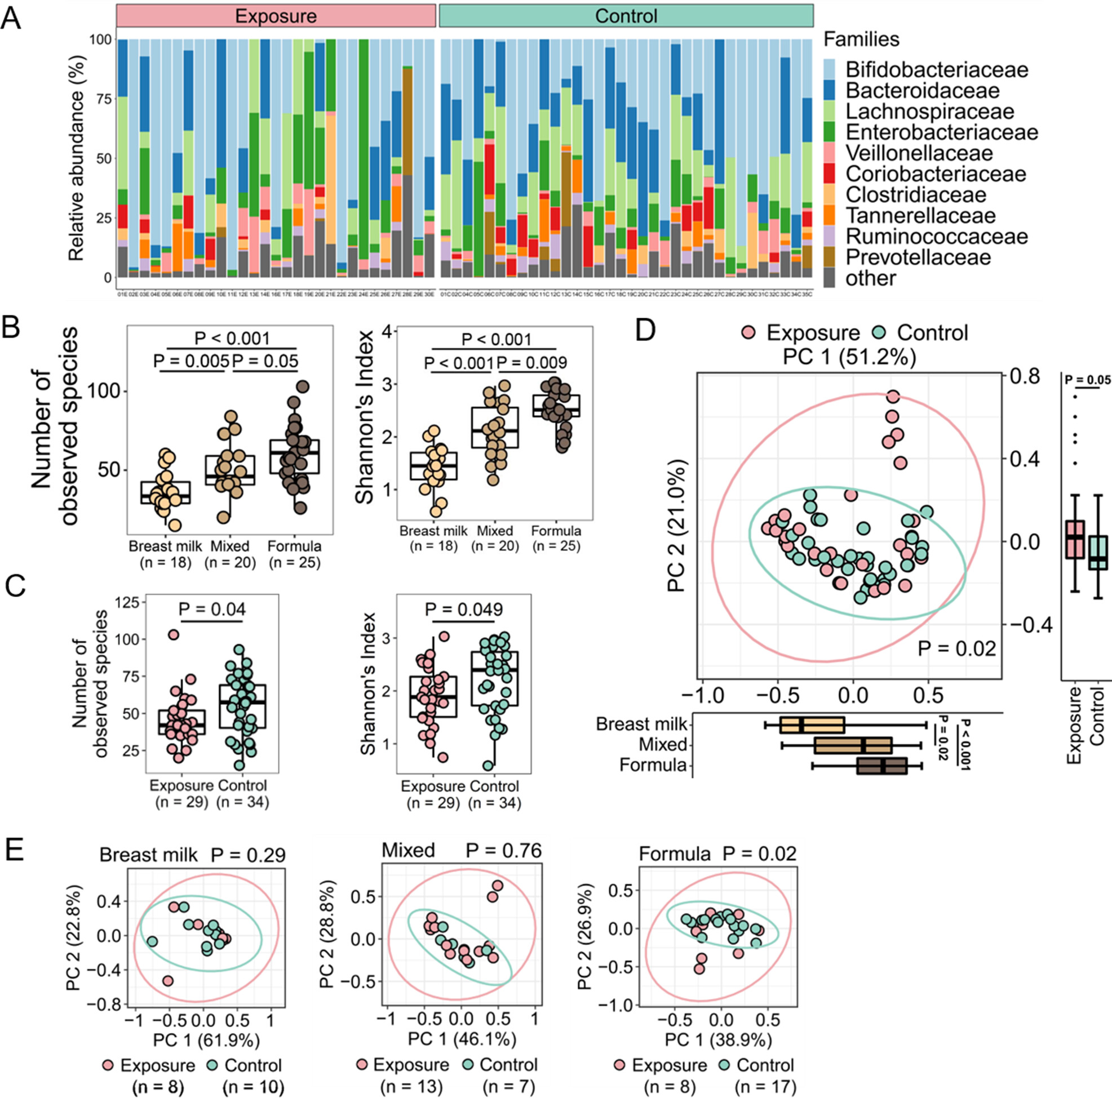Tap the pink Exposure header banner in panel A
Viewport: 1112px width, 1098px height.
point(276,16)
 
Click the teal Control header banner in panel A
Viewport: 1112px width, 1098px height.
point(626,16)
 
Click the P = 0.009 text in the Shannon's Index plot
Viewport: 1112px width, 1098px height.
point(531,363)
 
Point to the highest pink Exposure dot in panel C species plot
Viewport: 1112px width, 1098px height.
point(173,635)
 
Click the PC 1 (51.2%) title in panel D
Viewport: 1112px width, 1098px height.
point(849,357)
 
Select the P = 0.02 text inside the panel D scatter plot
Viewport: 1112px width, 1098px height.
point(956,648)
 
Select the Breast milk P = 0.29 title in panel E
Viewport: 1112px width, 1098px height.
point(192,855)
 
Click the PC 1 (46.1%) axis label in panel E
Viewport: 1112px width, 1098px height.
point(462,1039)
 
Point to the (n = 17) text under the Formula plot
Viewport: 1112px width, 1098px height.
point(765,1087)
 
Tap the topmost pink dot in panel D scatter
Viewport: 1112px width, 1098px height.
point(893,397)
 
